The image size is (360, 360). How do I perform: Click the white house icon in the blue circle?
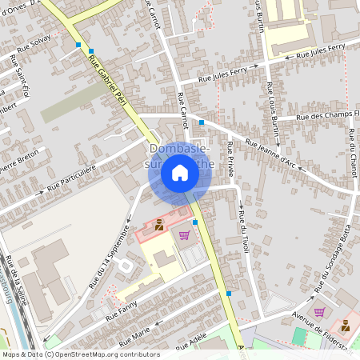point(180,173)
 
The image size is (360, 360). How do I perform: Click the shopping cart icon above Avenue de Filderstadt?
point(319,312)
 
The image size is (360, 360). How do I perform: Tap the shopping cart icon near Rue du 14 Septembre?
point(184,235)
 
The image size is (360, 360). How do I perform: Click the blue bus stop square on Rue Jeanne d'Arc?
point(202,122)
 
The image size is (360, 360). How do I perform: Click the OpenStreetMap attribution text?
point(80,354)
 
